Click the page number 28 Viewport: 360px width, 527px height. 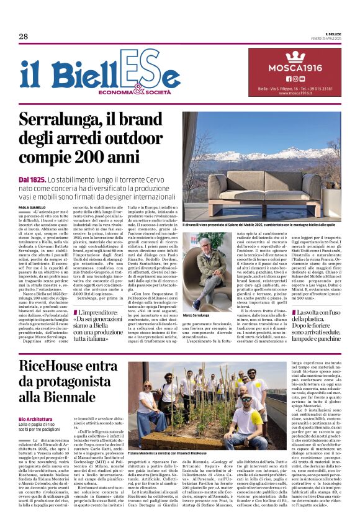coord(23,37)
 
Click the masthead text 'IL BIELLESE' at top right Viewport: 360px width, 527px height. coord(329,35)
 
